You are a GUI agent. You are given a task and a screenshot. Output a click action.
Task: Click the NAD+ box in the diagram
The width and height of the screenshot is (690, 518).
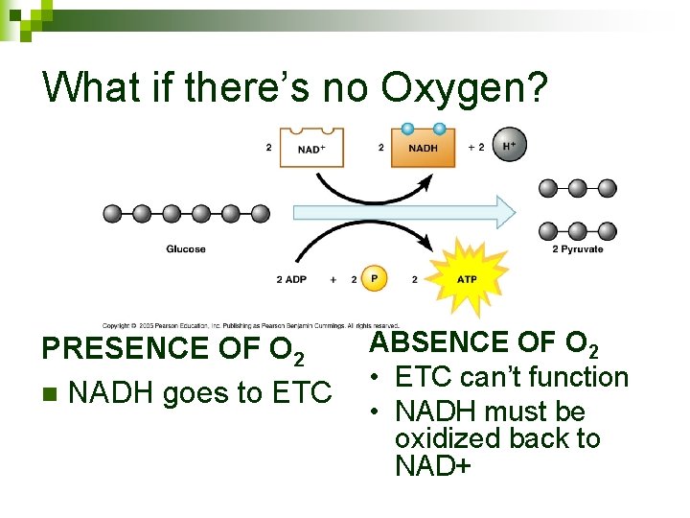point(311,149)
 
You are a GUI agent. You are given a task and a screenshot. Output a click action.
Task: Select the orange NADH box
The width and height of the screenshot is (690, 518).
point(423,149)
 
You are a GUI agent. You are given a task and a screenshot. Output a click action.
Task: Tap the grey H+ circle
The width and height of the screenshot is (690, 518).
point(508,147)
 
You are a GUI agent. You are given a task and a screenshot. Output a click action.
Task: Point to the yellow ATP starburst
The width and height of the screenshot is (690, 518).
point(466,278)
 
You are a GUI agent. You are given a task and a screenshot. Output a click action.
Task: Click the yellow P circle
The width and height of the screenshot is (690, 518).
point(374,278)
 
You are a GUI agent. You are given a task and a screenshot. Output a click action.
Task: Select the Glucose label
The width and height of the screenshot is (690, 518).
point(186,249)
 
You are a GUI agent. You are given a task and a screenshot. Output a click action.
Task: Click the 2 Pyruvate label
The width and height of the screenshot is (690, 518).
point(578,249)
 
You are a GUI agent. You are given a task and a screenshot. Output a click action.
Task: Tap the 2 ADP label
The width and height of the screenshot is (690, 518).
point(292,279)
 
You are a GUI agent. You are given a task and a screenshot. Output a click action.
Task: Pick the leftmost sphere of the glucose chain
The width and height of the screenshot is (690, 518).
point(113,213)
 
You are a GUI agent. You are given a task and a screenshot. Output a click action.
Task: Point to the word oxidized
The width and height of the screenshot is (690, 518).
point(441,439)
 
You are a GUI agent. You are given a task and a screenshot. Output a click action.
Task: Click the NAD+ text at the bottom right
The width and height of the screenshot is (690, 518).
point(433,467)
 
